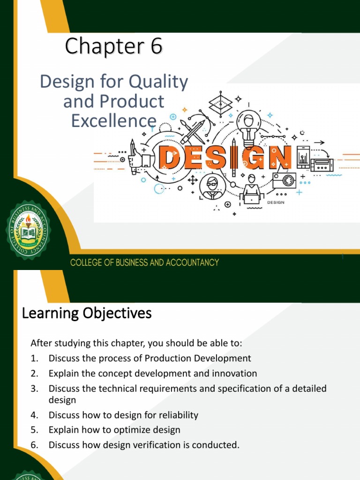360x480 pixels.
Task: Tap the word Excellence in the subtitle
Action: point(113,120)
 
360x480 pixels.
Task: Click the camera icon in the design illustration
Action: point(284,180)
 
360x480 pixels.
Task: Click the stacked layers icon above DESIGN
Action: point(217,102)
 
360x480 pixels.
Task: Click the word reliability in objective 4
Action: point(174,415)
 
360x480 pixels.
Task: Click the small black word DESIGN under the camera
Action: point(276,202)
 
